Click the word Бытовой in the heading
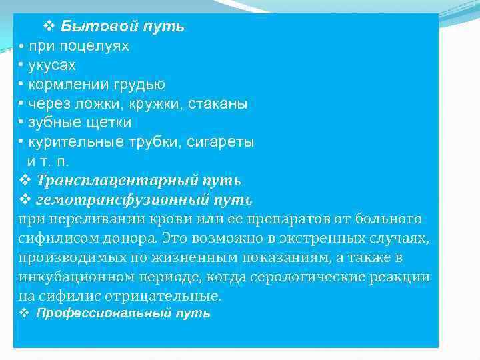click(100, 27)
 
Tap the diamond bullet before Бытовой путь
click(48, 27)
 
